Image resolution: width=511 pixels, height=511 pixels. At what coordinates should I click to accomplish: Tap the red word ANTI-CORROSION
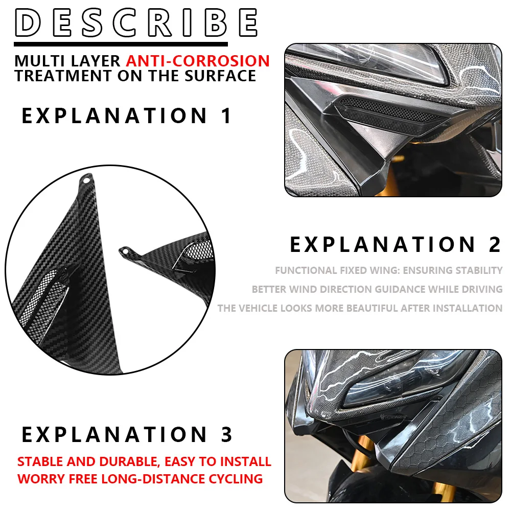pos(198,61)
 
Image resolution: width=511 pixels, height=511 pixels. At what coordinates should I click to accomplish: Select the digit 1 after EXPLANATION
pos(226,116)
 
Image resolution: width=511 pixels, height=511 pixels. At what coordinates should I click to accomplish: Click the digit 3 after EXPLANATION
pos(226,435)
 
